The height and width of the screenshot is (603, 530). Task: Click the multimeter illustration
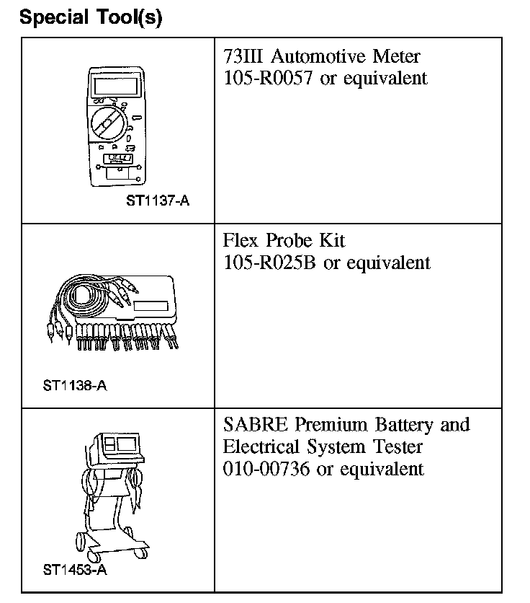[115, 127]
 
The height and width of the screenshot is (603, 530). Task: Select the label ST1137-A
[158, 201]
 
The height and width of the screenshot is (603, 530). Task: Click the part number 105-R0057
[269, 78]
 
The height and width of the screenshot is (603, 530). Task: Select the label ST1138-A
[75, 384]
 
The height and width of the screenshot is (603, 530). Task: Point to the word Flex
[240, 240]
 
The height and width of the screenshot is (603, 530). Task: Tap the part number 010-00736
[269, 469]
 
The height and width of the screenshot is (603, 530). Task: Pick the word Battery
[401, 424]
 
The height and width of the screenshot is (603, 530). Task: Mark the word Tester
[395, 446]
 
